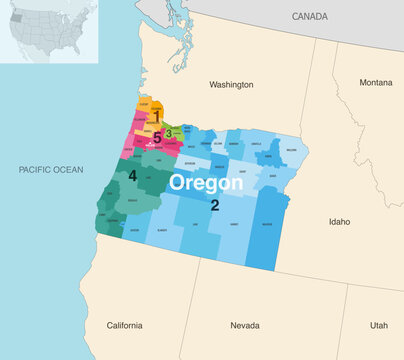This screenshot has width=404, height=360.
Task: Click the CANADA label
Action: (x=309, y=17)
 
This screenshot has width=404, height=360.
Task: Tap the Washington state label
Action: (x=230, y=85)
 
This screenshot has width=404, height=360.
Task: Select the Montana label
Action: (x=376, y=82)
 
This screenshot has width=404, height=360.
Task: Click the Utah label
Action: (x=378, y=326)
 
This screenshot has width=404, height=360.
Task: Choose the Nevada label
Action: (x=245, y=326)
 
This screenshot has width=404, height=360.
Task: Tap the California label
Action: (x=125, y=326)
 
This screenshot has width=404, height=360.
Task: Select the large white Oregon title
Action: (x=205, y=184)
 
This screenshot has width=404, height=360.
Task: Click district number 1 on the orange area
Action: (x=157, y=117)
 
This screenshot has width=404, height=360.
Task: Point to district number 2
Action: (x=214, y=205)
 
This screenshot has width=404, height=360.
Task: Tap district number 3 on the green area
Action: (x=169, y=132)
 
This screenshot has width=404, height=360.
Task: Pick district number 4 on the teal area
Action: (x=132, y=176)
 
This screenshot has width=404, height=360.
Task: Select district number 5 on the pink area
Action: (x=157, y=138)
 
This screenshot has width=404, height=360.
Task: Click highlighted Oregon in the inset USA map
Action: (x=21, y=25)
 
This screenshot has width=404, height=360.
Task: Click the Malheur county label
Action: (x=266, y=225)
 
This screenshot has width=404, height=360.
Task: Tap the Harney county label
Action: (x=233, y=224)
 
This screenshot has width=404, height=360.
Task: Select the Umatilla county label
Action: (x=233, y=143)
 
